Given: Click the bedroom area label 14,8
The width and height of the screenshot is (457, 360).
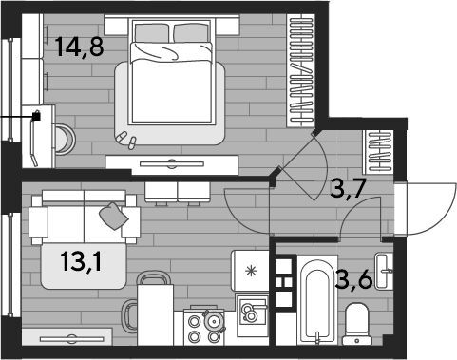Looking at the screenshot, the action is pyautogui.click(x=79, y=47).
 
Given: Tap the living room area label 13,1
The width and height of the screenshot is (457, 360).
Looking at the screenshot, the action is pyautogui.click(x=82, y=261).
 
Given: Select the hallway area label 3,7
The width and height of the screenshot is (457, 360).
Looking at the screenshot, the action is pyautogui.click(x=348, y=188).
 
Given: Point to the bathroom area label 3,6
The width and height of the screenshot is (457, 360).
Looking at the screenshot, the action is pyautogui.click(x=353, y=278).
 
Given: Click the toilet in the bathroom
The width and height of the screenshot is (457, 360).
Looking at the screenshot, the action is pyautogui.click(x=357, y=324).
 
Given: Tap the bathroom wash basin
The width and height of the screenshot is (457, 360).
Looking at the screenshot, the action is pyautogui.click(x=384, y=271).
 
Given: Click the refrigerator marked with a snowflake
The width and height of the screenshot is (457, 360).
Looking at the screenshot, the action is pyautogui.click(x=250, y=271).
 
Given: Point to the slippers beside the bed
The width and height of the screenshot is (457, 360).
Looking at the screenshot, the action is pyautogui.click(x=126, y=140).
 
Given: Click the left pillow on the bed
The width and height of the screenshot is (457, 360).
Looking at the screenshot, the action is pyautogui.click(x=151, y=33).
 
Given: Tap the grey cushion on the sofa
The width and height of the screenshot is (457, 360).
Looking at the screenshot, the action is pyautogui.click(x=114, y=216).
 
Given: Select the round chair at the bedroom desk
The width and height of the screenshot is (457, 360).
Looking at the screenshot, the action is pyautogui.click(x=66, y=140).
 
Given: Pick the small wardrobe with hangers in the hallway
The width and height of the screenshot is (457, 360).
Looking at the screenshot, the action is pyautogui.click(x=378, y=152).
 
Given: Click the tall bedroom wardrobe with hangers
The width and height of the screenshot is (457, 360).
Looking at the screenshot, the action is pyautogui.click(x=301, y=70).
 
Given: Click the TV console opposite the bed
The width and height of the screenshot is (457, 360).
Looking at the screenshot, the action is pyautogui.click(x=172, y=164).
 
